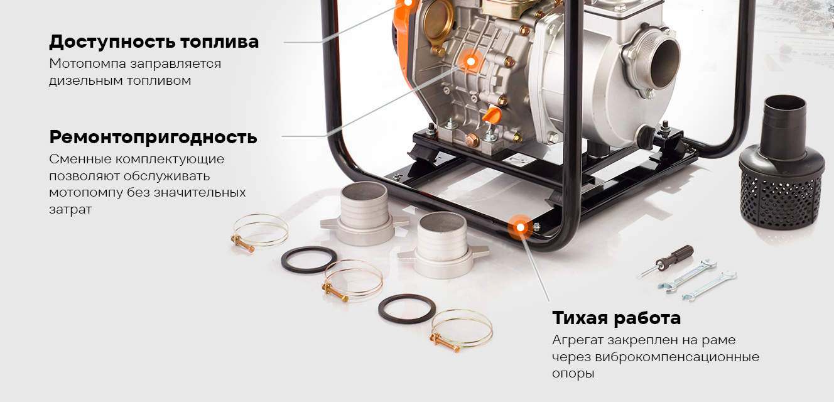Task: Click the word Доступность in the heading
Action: click(x=112, y=41)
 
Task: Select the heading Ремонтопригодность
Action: click(x=153, y=138)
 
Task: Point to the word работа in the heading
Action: click(x=647, y=318)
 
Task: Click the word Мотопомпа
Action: click(x=88, y=63)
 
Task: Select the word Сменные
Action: click(x=79, y=160)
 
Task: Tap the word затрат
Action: click(x=70, y=210)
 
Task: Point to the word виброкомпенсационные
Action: click(x=677, y=357)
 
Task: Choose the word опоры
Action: click(x=573, y=374)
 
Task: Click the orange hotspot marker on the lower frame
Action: click(x=521, y=227)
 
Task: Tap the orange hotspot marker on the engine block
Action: click(x=470, y=62)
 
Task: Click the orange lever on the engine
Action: click(x=492, y=114)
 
